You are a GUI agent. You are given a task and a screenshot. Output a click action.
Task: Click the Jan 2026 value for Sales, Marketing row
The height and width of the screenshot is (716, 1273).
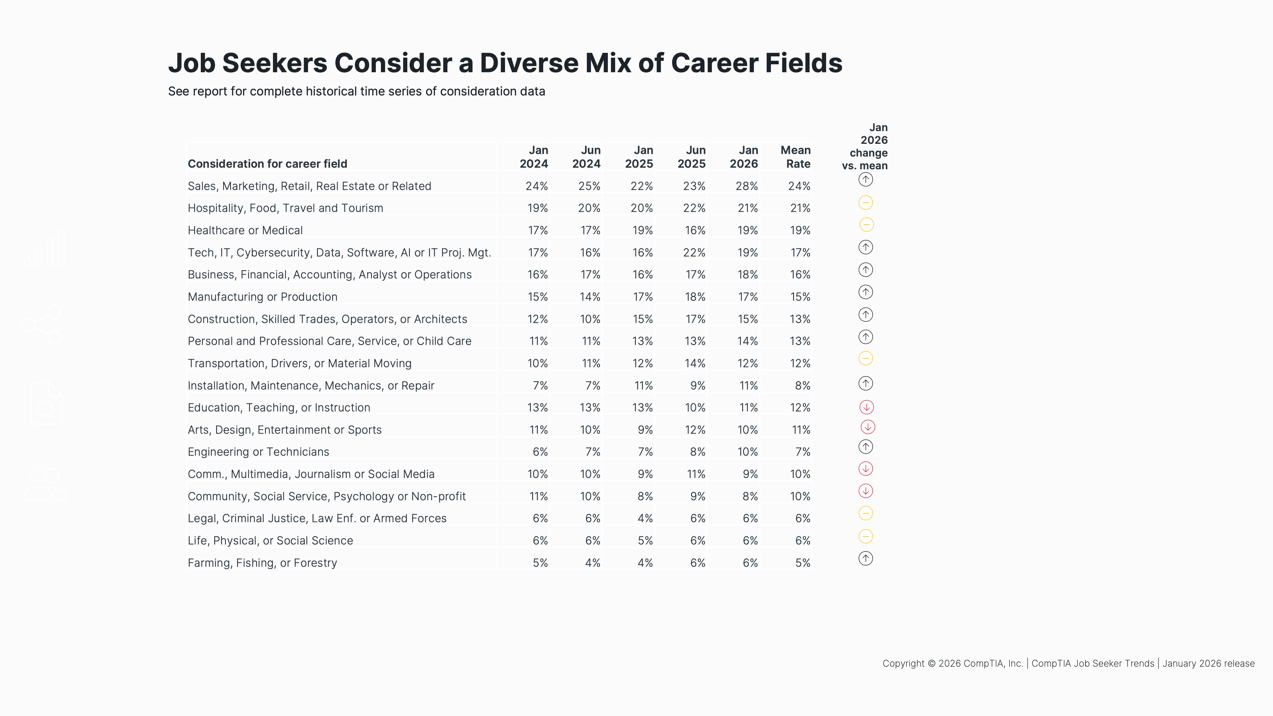(746, 186)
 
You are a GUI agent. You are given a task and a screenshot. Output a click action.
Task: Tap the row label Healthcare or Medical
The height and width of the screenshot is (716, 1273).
(245, 230)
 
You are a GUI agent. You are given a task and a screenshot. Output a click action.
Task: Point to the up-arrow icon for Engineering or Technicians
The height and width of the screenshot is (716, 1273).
(865, 447)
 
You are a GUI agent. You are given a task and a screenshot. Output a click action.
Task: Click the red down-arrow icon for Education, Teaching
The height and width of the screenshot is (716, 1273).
(866, 407)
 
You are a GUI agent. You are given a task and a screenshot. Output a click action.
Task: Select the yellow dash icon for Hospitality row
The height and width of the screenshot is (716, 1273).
(865, 203)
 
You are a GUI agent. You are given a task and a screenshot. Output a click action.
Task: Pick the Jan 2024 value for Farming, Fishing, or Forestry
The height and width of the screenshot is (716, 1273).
(540, 563)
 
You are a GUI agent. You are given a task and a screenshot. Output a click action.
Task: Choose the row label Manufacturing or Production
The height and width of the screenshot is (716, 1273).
(263, 297)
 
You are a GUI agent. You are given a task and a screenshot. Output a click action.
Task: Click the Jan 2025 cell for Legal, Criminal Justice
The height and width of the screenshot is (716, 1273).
(645, 518)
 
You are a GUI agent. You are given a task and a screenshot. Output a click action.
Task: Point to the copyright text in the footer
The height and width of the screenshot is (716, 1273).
(1068, 663)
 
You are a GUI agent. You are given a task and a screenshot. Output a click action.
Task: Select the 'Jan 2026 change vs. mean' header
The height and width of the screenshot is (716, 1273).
(865, 146)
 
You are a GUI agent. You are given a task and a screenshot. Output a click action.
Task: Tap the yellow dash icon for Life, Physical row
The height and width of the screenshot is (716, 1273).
(865, 536)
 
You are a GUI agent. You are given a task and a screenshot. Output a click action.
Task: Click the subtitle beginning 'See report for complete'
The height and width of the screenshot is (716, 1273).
(356, 91)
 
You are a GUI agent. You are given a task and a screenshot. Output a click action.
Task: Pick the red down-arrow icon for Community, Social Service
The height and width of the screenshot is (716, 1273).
(865, 491)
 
